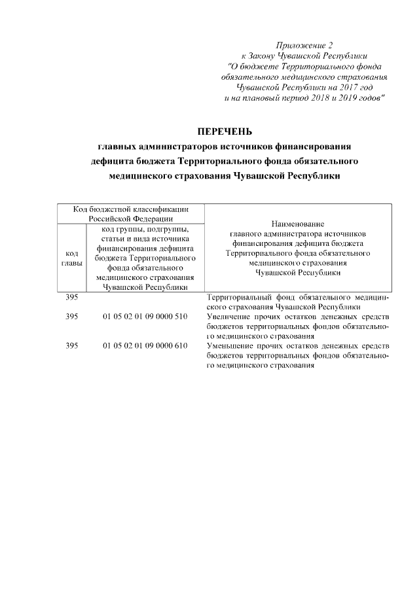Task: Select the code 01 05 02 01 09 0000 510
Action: click(145, 317)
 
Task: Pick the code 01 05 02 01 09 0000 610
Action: click(145, 345)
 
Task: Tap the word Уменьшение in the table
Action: click(230, 345)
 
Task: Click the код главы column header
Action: click(72, 258)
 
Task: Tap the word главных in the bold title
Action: click(117, 146)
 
